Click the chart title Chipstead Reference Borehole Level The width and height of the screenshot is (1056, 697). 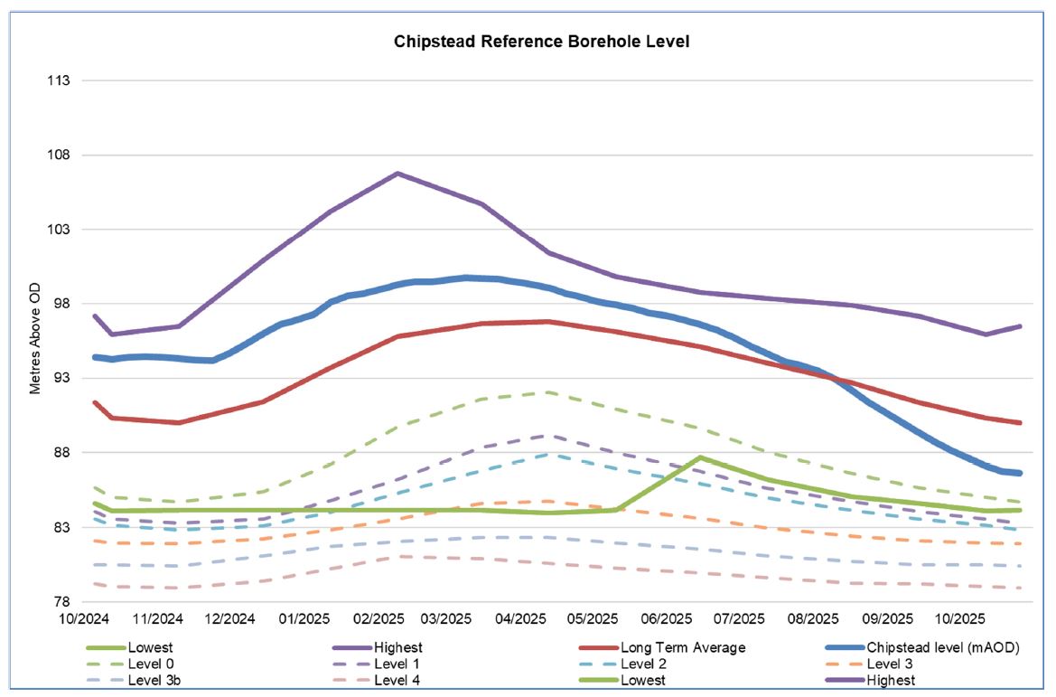pyautogui.click(x=542, y=42)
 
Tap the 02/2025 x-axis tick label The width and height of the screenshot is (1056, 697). pyautogui.click(x=378, y=619)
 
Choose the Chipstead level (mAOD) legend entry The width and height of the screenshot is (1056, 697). pyautogui.click(x=943, y=648)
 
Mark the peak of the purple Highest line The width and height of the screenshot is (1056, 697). pyautogui.click(x=398, y=173)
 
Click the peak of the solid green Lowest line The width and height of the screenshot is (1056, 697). pyautogui.click(x=700, y=457)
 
